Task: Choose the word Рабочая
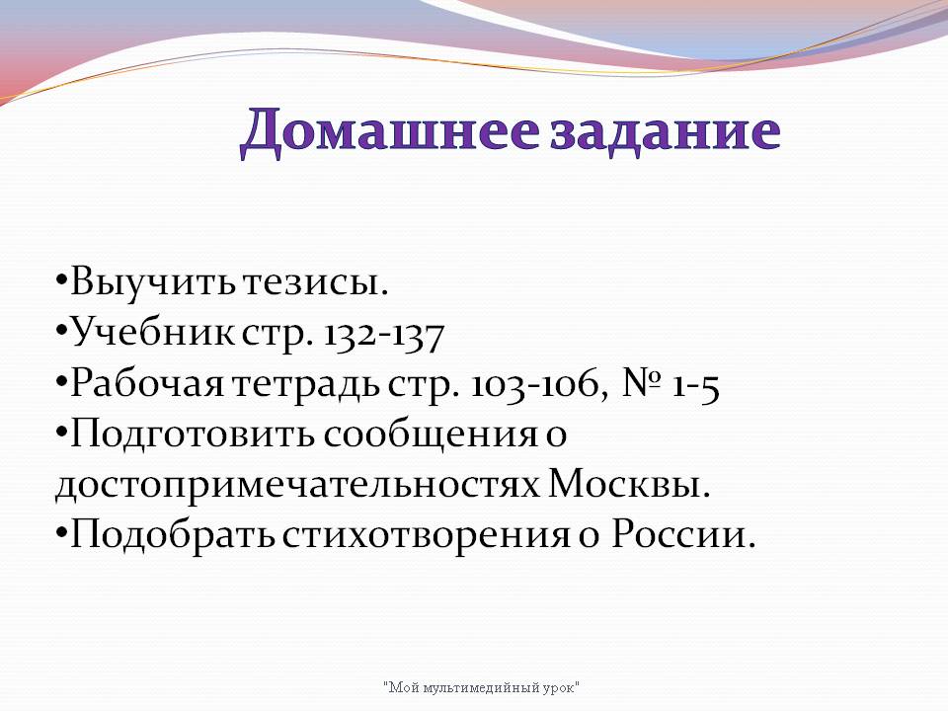[x=147, y=384]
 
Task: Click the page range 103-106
[x=532, y=384]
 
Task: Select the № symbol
[x=643, y=383]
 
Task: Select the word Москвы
[x=629, y=484]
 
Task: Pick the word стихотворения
[x=427, y=535]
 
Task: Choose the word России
[x=683, y=534]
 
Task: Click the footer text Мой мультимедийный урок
[x=481, y=687]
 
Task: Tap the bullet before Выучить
[x=61, y=282]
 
